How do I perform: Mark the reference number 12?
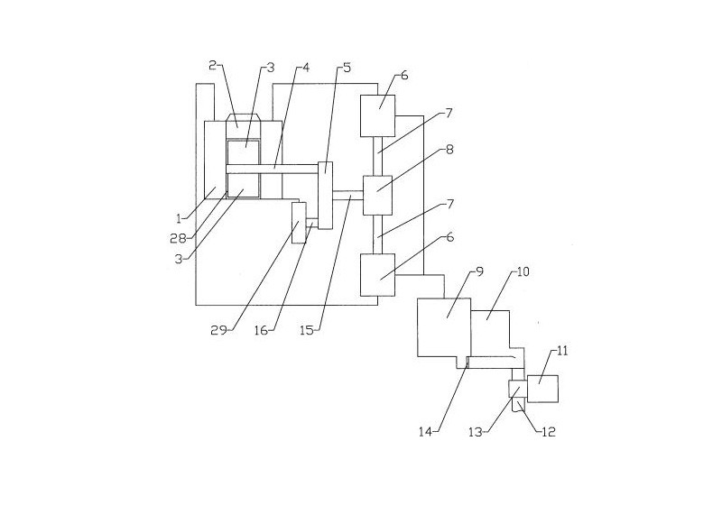[x=548, y=432]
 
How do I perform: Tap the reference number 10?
[x=523, y=271]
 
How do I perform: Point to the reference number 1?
[x=180, y=217]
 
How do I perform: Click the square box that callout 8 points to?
[x=377, y=195]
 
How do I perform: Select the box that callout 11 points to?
[x=544, y=388]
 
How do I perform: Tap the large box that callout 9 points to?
[x=444, y=329]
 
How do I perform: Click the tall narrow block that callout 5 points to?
[x=325, y=194]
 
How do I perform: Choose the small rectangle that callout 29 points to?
[x=298, y=224]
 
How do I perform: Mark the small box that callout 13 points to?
[x=518, y=389]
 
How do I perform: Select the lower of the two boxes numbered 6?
[x=378, y=274]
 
